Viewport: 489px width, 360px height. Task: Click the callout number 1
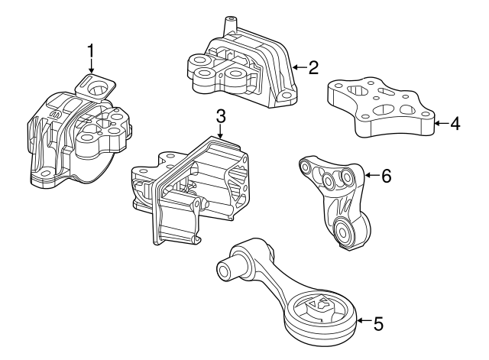click(x=91, y=51)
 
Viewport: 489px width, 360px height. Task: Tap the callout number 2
click(x=313, y=67)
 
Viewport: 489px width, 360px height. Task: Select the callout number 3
click(x=220, y=117)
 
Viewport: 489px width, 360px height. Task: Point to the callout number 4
click(x=455, y=124)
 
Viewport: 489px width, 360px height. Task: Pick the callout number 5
click(x=378, y=323)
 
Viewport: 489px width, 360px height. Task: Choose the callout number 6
click(x=386, y=176)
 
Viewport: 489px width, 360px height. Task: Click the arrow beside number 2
click(x=299, y=67)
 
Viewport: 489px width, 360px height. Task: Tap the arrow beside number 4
click(x=441, y=123)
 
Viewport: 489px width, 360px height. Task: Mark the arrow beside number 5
click(x=364, y=320)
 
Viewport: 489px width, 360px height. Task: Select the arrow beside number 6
click(x=371, y=175)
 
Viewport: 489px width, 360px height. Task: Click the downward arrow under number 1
click(x=91, y=66)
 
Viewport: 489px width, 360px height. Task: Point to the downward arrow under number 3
click(x=220, y=131)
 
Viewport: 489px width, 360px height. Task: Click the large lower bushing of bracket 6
click(x=344, y=232)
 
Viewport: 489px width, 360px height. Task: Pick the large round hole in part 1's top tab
click(x=98, y=89)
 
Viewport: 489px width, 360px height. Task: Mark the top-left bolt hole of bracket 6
click(x=306, y=168)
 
